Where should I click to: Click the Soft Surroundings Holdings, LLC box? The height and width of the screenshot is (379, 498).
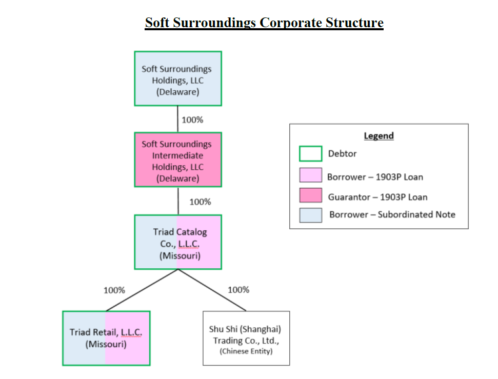click(178, 78)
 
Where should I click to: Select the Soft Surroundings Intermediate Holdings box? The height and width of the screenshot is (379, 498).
click(178, 159)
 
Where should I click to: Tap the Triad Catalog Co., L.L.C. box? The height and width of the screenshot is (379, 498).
click(178, 242)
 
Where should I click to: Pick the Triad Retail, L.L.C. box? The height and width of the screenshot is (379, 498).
click(106, 338)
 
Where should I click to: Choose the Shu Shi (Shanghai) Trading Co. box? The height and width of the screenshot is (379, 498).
click(246, 338)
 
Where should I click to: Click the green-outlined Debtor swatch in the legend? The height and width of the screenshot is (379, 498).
click(311, 154)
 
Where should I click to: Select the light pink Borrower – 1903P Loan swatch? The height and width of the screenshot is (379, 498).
click(311, 175)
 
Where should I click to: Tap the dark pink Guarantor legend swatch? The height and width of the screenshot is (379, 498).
click(311, 195)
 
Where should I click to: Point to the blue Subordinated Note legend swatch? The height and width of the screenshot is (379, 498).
click(311, 215)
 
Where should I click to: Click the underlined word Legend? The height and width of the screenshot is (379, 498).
click(379, 136)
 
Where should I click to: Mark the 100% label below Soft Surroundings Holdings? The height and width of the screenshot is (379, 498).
click(192, 120)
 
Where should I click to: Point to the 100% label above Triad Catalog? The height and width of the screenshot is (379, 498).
click(200, 202)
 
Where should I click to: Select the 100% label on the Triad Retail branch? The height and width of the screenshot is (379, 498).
click(114, 290)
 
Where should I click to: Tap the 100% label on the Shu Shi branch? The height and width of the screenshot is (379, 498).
click(238, 290)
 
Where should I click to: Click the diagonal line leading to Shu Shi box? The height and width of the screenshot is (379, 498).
click(212, 290)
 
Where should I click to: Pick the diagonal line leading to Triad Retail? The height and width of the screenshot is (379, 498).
click(142, 290)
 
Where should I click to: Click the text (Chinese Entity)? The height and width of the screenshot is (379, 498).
click(246, 351)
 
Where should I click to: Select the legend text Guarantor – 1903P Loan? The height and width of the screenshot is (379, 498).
click(377, 197)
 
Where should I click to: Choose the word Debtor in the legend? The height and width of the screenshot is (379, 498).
click(342, 154)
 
